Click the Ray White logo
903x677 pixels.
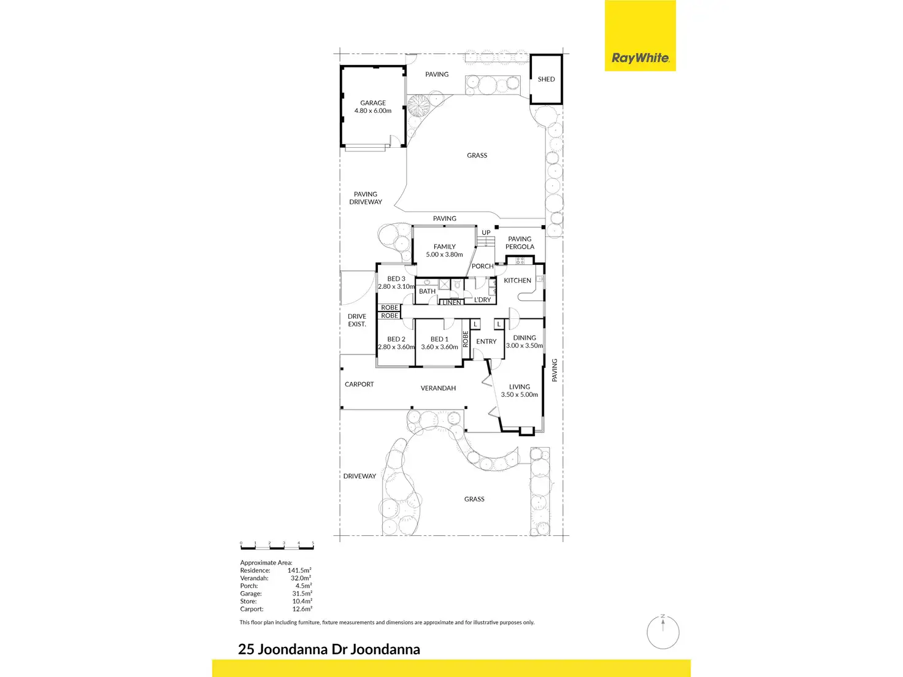[x=640, y=58]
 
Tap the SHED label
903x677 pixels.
[x=546, y=79]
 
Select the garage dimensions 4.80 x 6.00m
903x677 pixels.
[x=373, y=111]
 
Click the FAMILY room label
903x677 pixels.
[x=444, y=247]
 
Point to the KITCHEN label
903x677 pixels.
[x=517, y=280]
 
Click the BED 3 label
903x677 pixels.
[x=396, y=279]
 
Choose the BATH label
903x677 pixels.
[x=427, y=291]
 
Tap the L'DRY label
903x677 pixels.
[x=483, y=300]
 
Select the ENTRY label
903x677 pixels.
[x=486, y=342]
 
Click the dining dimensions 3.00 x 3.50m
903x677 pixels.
[x=525, y=346]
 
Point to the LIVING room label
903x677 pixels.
[x=519, y=387]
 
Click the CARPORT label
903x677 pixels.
[x=359, y=384]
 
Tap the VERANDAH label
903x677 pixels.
[x=438, y=388]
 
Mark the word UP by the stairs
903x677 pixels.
[x=486, y=232]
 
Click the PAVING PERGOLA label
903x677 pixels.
[x=520, y=243]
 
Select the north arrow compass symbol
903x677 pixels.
[x=663, y=630]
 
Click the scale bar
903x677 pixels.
[x=277, y=545]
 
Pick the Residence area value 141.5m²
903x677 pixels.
[x=299, y=570]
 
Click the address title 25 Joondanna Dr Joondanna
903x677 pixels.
[x=329, y=649]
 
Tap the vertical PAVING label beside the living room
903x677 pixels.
[x=555, y=370]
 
